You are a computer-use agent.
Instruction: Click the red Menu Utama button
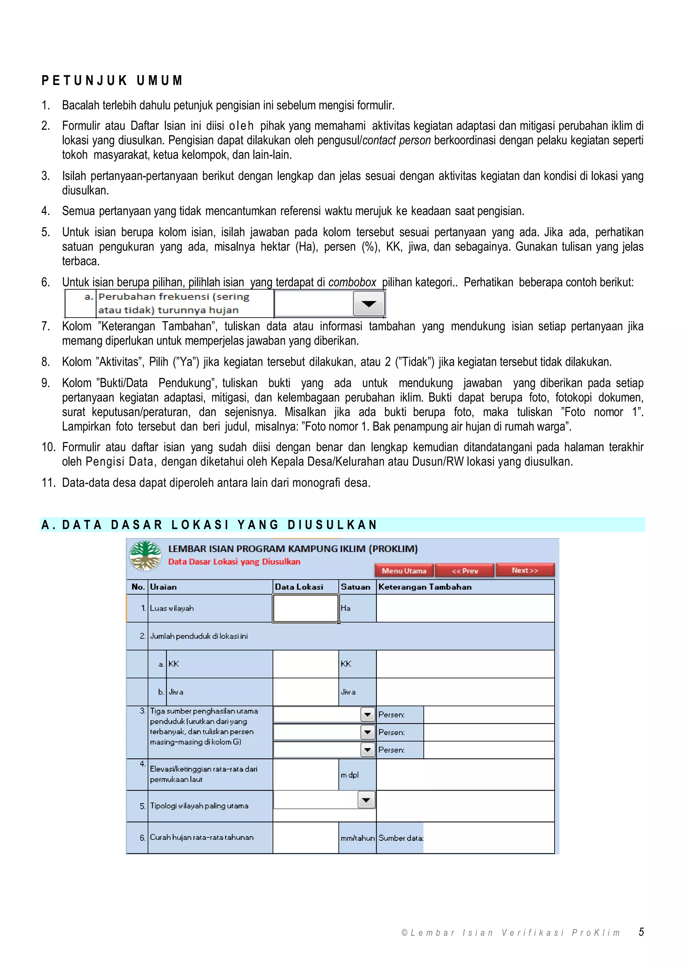(x=404, y=570)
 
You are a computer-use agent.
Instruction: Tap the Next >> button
(x=525, y=570)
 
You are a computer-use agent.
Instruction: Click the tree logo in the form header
(x=145, y=555)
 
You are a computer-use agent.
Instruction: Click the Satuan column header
(x=355, y=587)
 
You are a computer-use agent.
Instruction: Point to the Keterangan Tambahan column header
(x=425, y=587)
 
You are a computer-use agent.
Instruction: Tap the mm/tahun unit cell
(x=357, y=838)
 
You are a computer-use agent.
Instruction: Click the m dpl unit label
(x=350, y=775)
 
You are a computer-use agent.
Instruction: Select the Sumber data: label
(x=400, y=838)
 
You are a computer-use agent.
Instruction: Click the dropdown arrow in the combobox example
(x=369, y=303)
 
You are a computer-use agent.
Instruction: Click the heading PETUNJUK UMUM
(x=112, y=80)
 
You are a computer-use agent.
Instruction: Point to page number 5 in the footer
(x=641, y=932)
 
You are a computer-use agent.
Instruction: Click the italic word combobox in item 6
(x=352, y=282)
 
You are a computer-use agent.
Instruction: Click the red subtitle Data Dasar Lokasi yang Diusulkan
(x=234, y=561)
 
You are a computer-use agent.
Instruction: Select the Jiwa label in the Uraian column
(x=176, y=692)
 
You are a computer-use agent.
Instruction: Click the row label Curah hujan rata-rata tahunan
(x=202, y=837)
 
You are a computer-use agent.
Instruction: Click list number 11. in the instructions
(x=48, y=482)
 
